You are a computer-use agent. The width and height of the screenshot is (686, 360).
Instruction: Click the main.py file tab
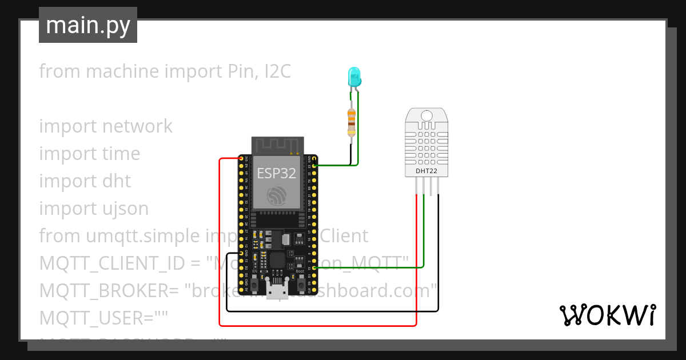[x=87, y=25]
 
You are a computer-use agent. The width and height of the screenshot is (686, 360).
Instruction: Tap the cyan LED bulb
[x=354, y=76]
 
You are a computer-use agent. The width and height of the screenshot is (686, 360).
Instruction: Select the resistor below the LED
[x=351, y=121]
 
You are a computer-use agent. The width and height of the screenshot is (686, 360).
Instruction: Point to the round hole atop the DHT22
[x=426, y=117]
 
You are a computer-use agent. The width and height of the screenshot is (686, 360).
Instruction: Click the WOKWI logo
[x=607, y=315]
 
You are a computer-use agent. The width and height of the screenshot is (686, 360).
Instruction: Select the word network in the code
[x=137, y=126]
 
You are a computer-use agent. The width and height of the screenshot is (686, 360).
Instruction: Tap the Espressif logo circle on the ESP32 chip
[x=277, y=195]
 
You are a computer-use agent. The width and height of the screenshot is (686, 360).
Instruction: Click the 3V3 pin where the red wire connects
[x=242, y=158]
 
